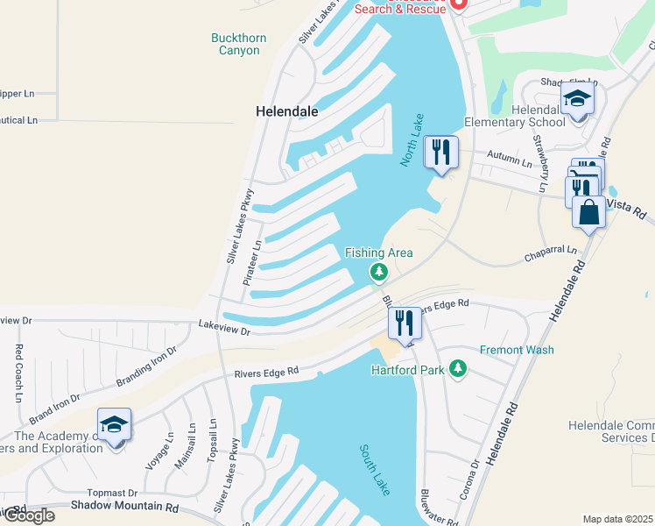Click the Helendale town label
coord(286,112)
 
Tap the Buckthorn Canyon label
coord(239,44)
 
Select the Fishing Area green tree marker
coord(378,273)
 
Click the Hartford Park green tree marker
coord(456,368)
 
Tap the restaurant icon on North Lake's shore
coord(440,153)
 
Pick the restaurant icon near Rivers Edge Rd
coord(404,323)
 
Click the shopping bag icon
coord(588,213)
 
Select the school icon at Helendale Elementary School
coord(577,99)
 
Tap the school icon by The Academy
coord(114,425)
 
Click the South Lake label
coord(375,469)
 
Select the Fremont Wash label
coord(517,350)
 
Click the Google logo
coord(28,515)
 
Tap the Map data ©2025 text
coord(617,519)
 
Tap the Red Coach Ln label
coord(18,373)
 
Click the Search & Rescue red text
coord(399,7)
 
